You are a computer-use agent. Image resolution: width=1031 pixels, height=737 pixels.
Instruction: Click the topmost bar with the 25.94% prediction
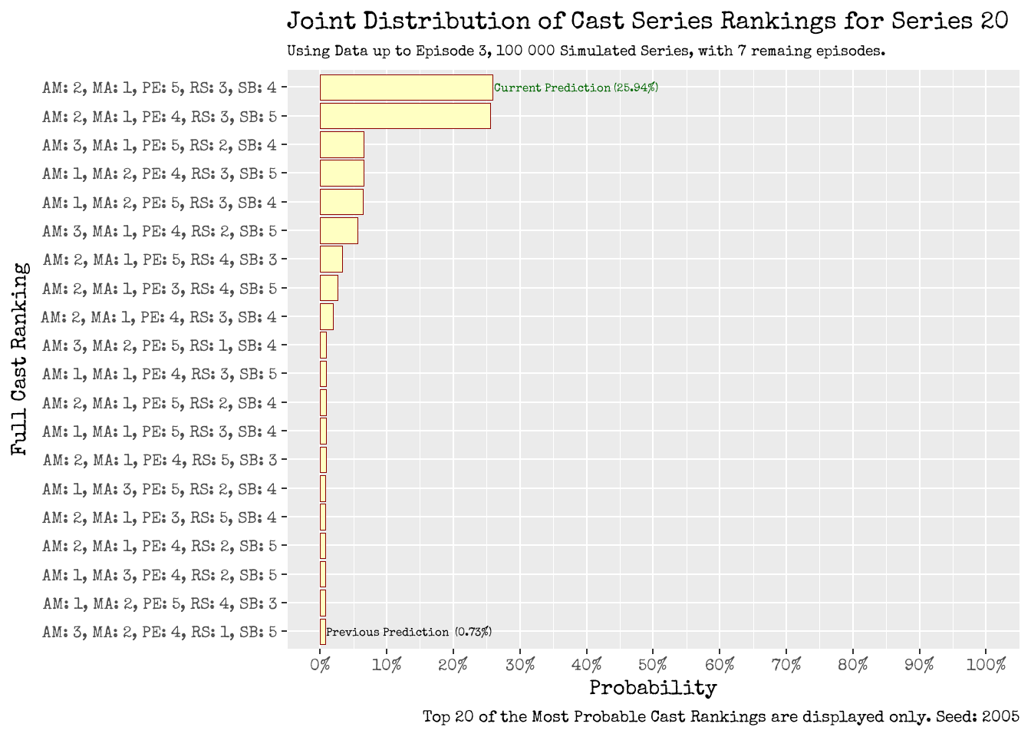tap(406, 88)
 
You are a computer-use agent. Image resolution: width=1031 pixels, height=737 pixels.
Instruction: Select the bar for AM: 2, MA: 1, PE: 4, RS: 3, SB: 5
tap(405, 116)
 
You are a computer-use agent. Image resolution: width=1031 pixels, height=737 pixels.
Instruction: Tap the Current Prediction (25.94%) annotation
tap(575, 88)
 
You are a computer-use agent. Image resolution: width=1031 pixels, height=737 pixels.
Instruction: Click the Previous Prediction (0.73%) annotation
tap(409, 632)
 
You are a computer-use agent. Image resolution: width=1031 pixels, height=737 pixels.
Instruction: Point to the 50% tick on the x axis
tap(653, 665)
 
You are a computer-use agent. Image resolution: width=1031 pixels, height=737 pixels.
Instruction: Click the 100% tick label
tap(986, 665)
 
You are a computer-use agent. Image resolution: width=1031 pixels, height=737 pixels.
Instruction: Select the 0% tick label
tap(320, 665)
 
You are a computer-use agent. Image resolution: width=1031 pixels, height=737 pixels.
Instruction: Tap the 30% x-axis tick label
tap(520, 665)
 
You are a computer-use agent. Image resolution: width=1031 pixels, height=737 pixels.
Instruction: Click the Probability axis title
tap(653, 688)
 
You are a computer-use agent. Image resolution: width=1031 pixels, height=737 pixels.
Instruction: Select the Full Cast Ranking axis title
tap(20, 359)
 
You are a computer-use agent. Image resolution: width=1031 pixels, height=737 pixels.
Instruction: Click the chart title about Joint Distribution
tap(647, 21)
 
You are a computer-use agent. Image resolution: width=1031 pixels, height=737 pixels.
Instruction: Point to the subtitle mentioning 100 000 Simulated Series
tap(586, 51)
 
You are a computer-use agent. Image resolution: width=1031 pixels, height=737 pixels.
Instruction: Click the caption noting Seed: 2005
tap(720, 717)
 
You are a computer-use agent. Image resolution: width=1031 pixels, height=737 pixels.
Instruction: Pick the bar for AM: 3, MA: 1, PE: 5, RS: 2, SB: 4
tap(341, 145)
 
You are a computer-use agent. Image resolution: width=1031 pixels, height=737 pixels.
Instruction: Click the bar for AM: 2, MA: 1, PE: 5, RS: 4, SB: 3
tap(331, 259)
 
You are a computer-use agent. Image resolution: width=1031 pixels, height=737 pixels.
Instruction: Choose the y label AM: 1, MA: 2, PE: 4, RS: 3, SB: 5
tap(160, 174)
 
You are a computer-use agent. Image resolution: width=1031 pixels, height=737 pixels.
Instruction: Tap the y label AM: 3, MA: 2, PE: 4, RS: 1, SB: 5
tap(160, 632)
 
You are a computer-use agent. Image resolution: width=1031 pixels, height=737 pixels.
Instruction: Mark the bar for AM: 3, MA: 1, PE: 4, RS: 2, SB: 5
tap(338, 230)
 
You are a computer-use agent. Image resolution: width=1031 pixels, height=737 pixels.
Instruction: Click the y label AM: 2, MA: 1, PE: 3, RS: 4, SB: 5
tap(160, 288)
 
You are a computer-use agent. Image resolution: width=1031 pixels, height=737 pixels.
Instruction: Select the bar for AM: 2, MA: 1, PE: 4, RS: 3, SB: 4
tap(326, 316)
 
